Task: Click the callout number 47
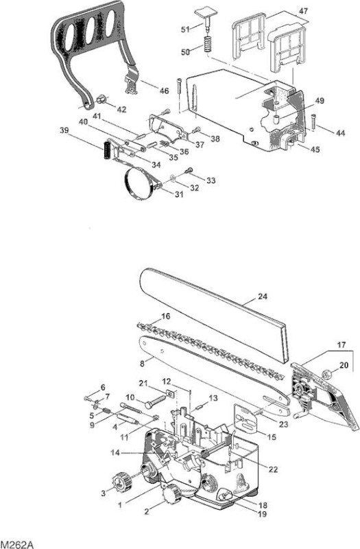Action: pyautogui.click(x=303, y=11)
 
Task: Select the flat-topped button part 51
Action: pyautogui.click(x=204, y=18)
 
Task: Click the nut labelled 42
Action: pyautogui.click(x=102, y=99)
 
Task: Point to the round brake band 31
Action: pyautogui.click(x=140, y=183)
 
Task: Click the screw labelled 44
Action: pyautogui.click(x=313, y=121)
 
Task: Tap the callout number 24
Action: pyautogui.click(x=263, y=296)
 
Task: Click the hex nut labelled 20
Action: pyautogui.click(x=327, y=374)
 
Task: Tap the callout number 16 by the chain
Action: pyautogui.click(x=165, y=316)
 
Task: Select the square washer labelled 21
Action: pyautogui.click(x=170, y=393)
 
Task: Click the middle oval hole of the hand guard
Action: pyautogui.click(x=91, y=31)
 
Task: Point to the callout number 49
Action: pyautogui.click(x=320, y=101)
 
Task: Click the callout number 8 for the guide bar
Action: pyautogui.click(x=142, y=364)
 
